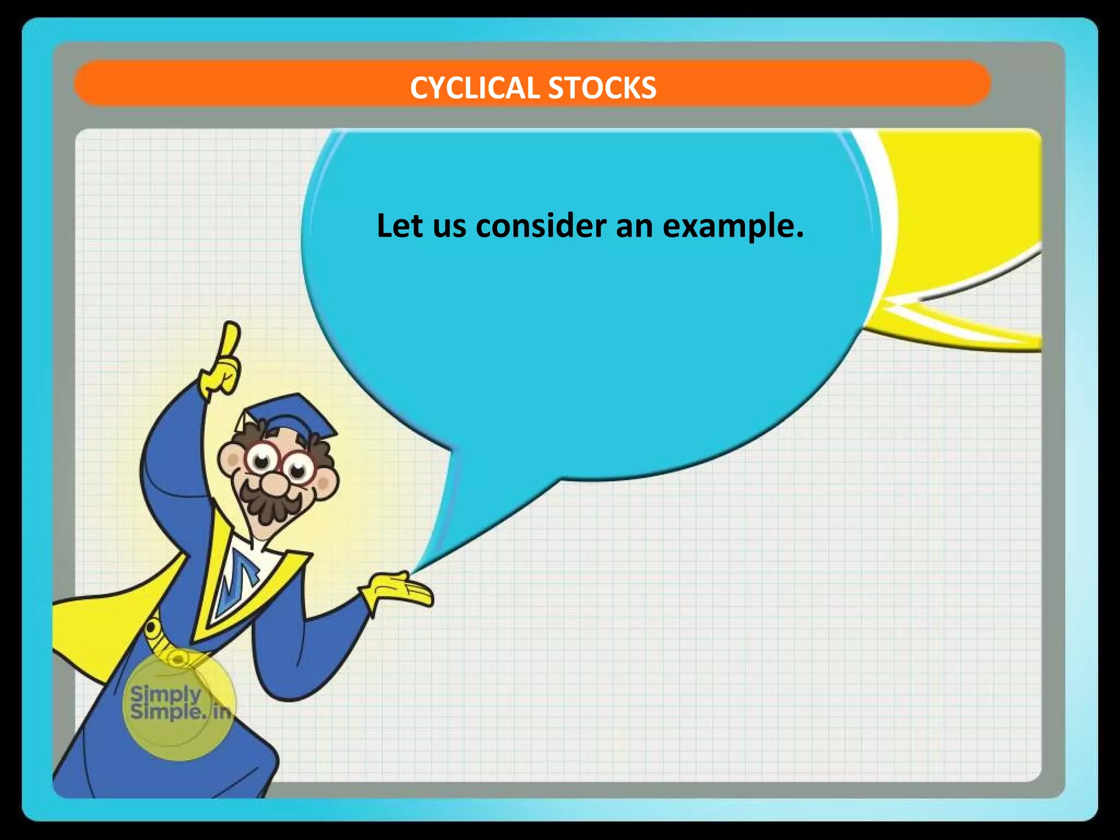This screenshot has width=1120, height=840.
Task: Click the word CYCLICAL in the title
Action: [475, 88]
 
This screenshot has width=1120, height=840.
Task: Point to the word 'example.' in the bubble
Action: [733, 226]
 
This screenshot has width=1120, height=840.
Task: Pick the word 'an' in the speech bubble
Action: [634, 226]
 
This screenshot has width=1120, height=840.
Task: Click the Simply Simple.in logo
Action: [178, 704]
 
